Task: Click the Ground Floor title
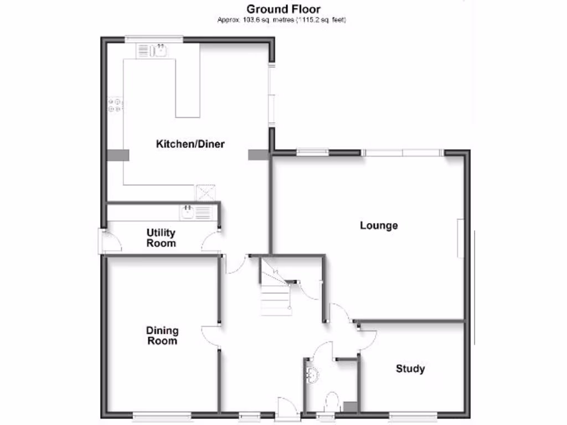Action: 283,9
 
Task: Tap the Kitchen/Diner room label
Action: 190,144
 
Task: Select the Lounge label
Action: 379,226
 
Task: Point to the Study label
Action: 410,369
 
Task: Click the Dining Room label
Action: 162,335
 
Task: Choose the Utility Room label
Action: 161,238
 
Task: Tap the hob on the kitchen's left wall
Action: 116,105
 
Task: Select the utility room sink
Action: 188,212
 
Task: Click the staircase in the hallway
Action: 275,293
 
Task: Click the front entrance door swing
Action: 288,407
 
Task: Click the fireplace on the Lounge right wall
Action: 460,238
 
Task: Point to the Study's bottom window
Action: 413,416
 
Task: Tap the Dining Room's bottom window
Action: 162,416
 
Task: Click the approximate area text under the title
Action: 283,20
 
